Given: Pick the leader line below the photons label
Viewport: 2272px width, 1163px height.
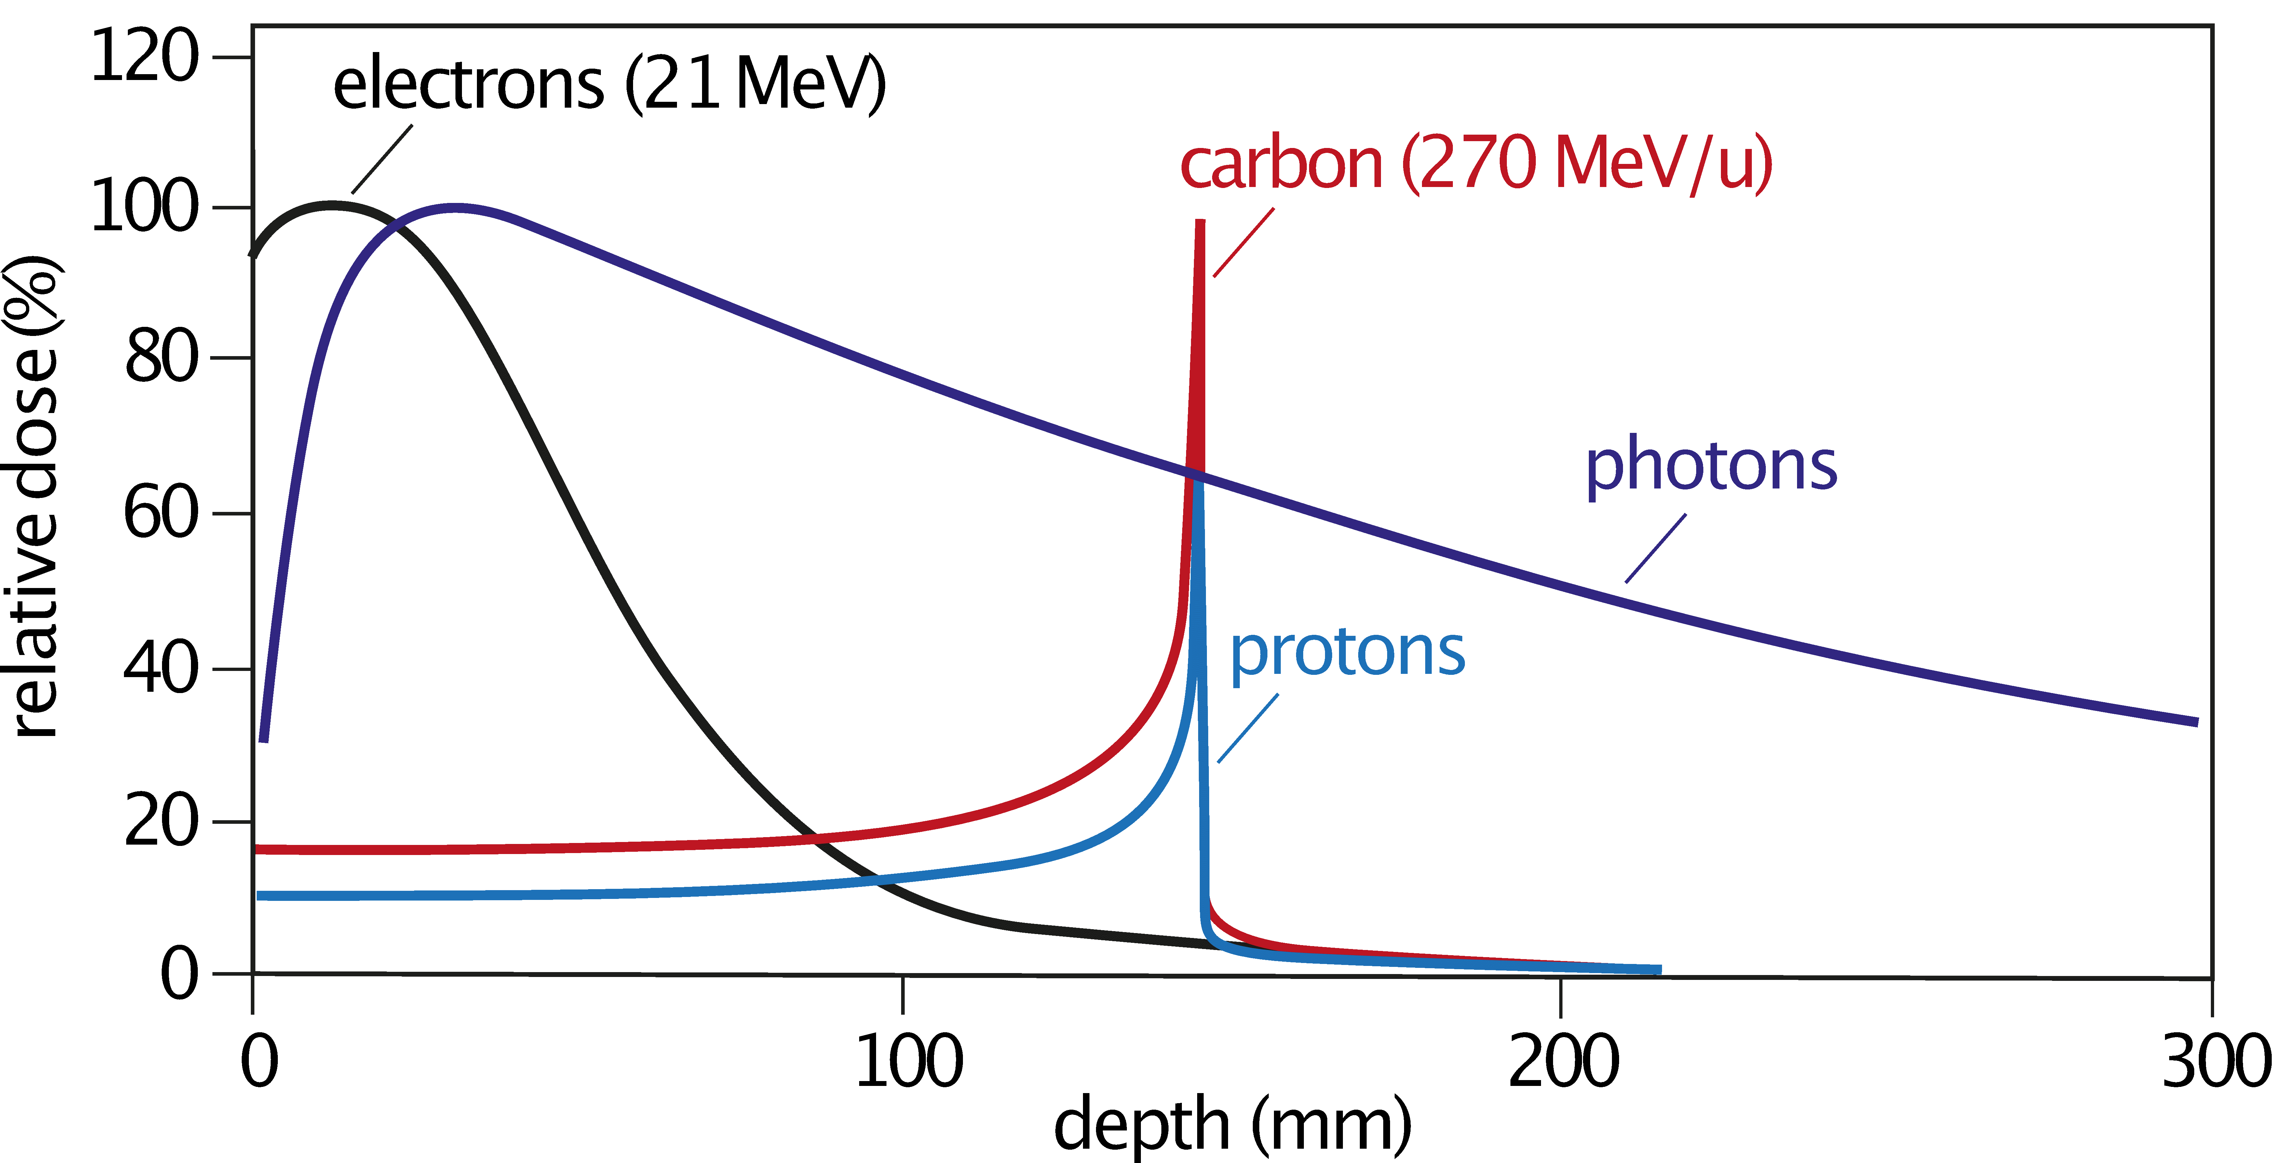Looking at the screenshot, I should click(x=1656, y=548).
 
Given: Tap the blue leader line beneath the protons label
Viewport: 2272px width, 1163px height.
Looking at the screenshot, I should click(x=1248, y=728).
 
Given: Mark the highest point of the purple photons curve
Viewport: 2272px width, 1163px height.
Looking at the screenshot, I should click(x=454, y=209).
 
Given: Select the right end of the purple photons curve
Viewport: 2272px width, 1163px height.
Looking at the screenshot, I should click(x=2195, y=721).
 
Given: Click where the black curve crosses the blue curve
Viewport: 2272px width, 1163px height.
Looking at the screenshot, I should click(x=873, y=880).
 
